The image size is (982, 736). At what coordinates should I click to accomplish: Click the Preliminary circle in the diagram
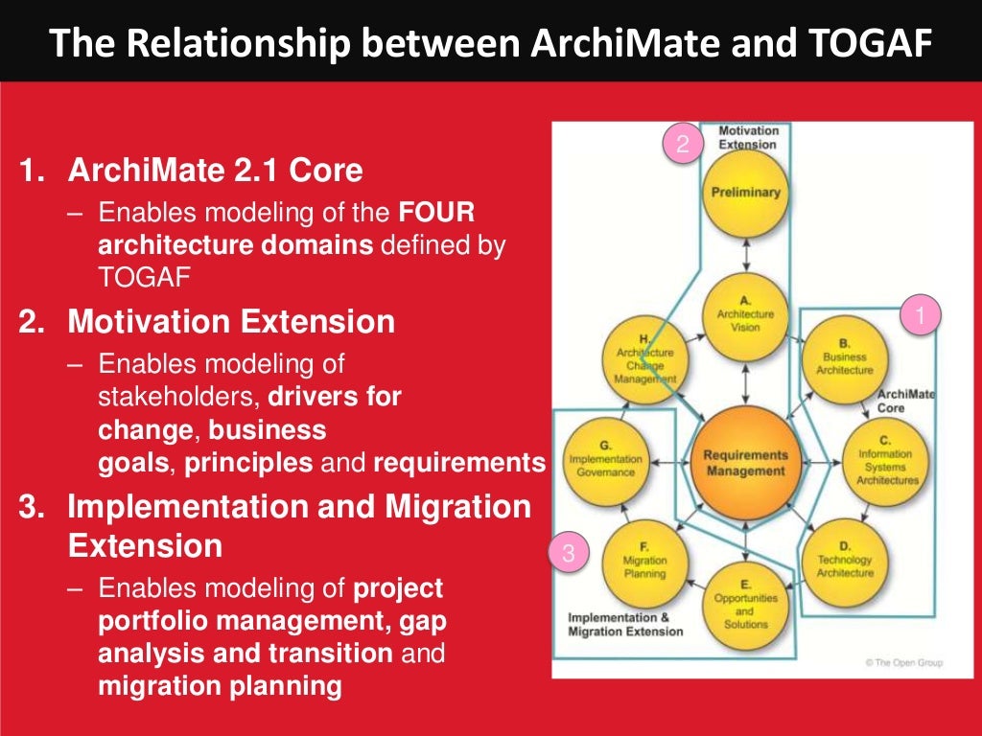(745, 192)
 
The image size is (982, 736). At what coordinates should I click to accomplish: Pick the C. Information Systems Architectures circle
(887, 461)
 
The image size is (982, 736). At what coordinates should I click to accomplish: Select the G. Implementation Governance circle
(605, 461)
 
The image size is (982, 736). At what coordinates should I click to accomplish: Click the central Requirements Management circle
(746, 463)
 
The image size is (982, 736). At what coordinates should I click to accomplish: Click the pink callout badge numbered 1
(921, 315)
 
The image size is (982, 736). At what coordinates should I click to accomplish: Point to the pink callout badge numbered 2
(683, 145)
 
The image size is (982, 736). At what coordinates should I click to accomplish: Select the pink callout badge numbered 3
(569, 553)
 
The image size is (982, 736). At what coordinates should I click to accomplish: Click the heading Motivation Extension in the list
(230, 322)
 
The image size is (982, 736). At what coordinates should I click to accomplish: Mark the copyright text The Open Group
(902, 662)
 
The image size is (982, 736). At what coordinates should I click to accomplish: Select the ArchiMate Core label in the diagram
(905, 402)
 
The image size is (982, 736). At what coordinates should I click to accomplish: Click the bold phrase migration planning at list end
(220, 686)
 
